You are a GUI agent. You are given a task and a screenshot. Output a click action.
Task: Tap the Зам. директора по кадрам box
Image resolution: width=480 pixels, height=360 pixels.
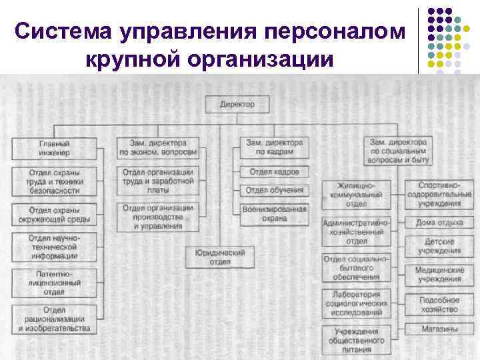click(274, 147)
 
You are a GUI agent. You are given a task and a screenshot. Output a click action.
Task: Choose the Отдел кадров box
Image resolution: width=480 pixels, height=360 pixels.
click(274, 172)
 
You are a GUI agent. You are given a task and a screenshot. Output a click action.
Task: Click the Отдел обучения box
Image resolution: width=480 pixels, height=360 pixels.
click(274, 190)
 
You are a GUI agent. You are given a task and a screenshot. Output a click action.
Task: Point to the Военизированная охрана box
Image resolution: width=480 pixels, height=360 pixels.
click(274, 213)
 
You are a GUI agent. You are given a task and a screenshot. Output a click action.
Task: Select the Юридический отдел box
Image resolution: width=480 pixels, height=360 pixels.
click(220, 257)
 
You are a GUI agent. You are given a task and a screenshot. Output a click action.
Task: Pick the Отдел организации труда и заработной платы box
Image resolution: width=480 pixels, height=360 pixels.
click(157, 181)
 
